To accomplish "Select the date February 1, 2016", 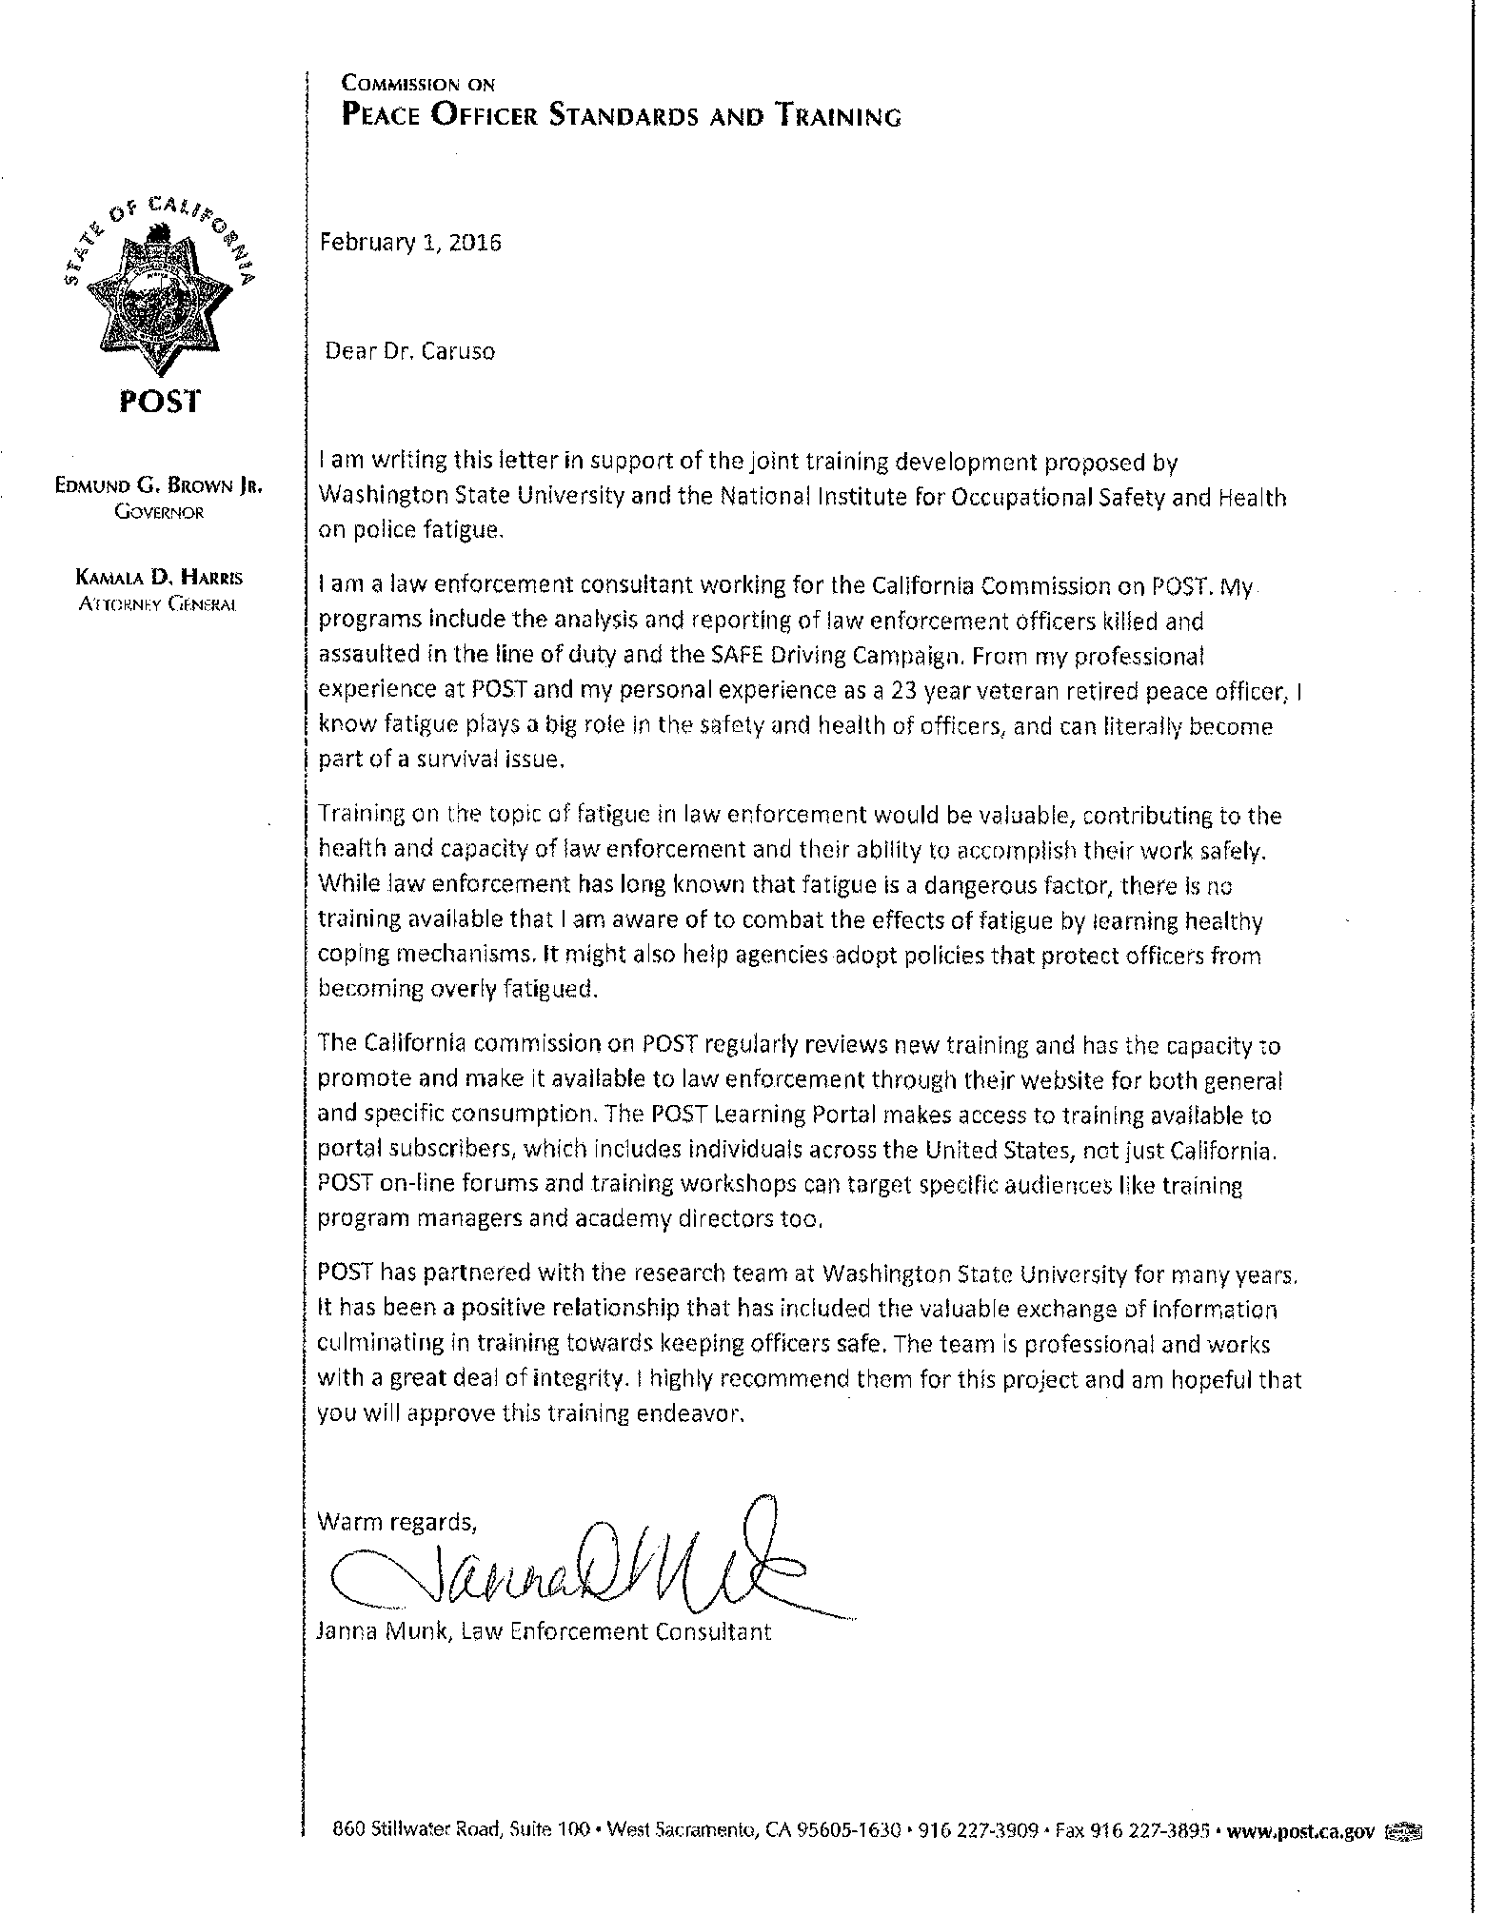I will (x=410, y=242).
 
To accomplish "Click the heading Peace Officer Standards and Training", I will (x=621, y=117).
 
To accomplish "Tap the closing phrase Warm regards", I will (x=396, y=1521).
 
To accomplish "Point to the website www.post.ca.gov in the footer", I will (x=1301, y=1830).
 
